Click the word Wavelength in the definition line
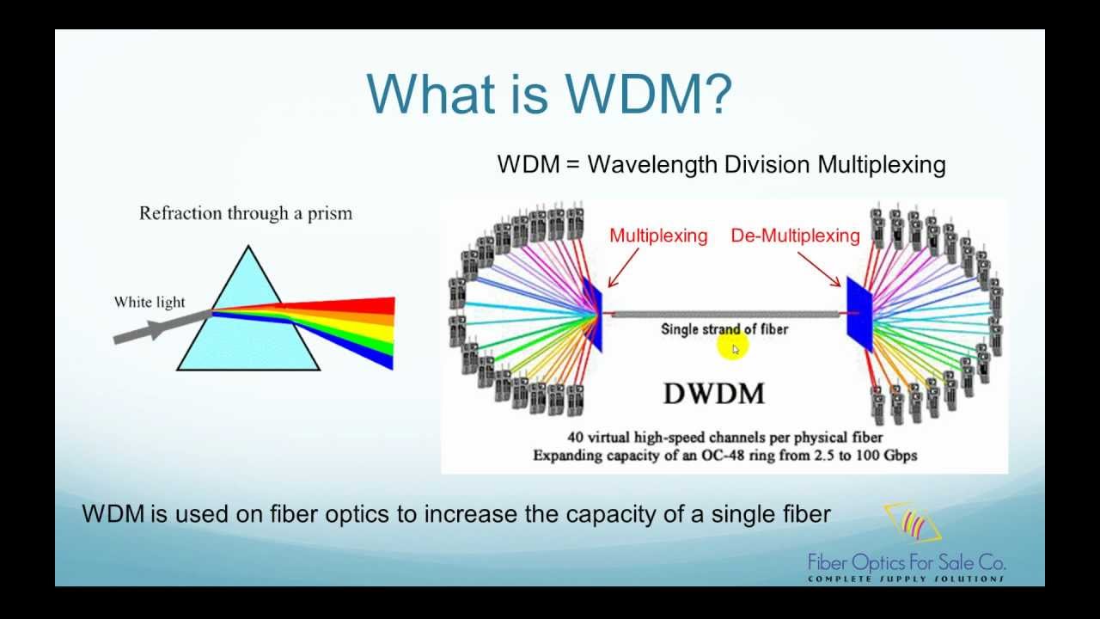click(652, 164)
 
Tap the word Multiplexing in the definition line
click(881, 164)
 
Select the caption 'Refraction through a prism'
click(246, 213)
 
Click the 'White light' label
click(150, 302)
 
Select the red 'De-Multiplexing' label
click(795, 236)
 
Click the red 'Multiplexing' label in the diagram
click(658, 236)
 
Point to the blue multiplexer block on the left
click(593, 314)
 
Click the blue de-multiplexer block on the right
click(859, 314)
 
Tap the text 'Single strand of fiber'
click(724, 328)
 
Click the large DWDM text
click(713, 394)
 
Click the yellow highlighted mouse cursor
click(734, 348)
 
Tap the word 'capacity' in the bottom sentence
click(603, 515)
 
